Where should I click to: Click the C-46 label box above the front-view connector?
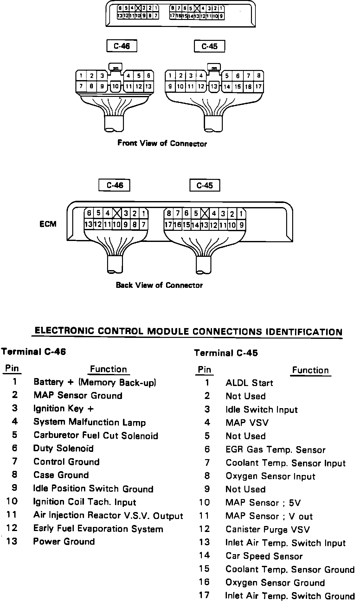[x=122, y=46]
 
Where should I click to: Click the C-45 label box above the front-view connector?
[x=209, y=46]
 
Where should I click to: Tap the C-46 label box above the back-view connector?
[x=114, y=185]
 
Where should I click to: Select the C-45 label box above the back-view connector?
[x=204, y=186]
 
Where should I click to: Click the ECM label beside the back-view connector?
[x=48, y=224]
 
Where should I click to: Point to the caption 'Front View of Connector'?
[x=162, y=143]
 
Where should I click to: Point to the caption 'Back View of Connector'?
[x=159, y=285]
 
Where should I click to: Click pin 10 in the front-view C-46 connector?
[x=115, y=86]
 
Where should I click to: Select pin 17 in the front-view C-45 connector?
[x=258, y=86]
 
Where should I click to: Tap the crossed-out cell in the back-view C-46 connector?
[x=117, y=213]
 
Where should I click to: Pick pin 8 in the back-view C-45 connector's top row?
[x=169, y=213]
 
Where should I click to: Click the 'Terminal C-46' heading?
[x=34, y=352]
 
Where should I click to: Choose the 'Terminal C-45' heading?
[x=226, y=353]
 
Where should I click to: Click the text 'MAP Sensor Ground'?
[x=78, y=395]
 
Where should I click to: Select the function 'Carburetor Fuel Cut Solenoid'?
[x=96, y=435]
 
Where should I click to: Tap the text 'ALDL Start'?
[x=249, y=383]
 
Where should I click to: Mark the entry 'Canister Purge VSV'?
[x=267, y=529]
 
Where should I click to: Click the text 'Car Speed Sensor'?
[x=264, y=556]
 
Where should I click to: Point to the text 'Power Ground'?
[x=64, y=541]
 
